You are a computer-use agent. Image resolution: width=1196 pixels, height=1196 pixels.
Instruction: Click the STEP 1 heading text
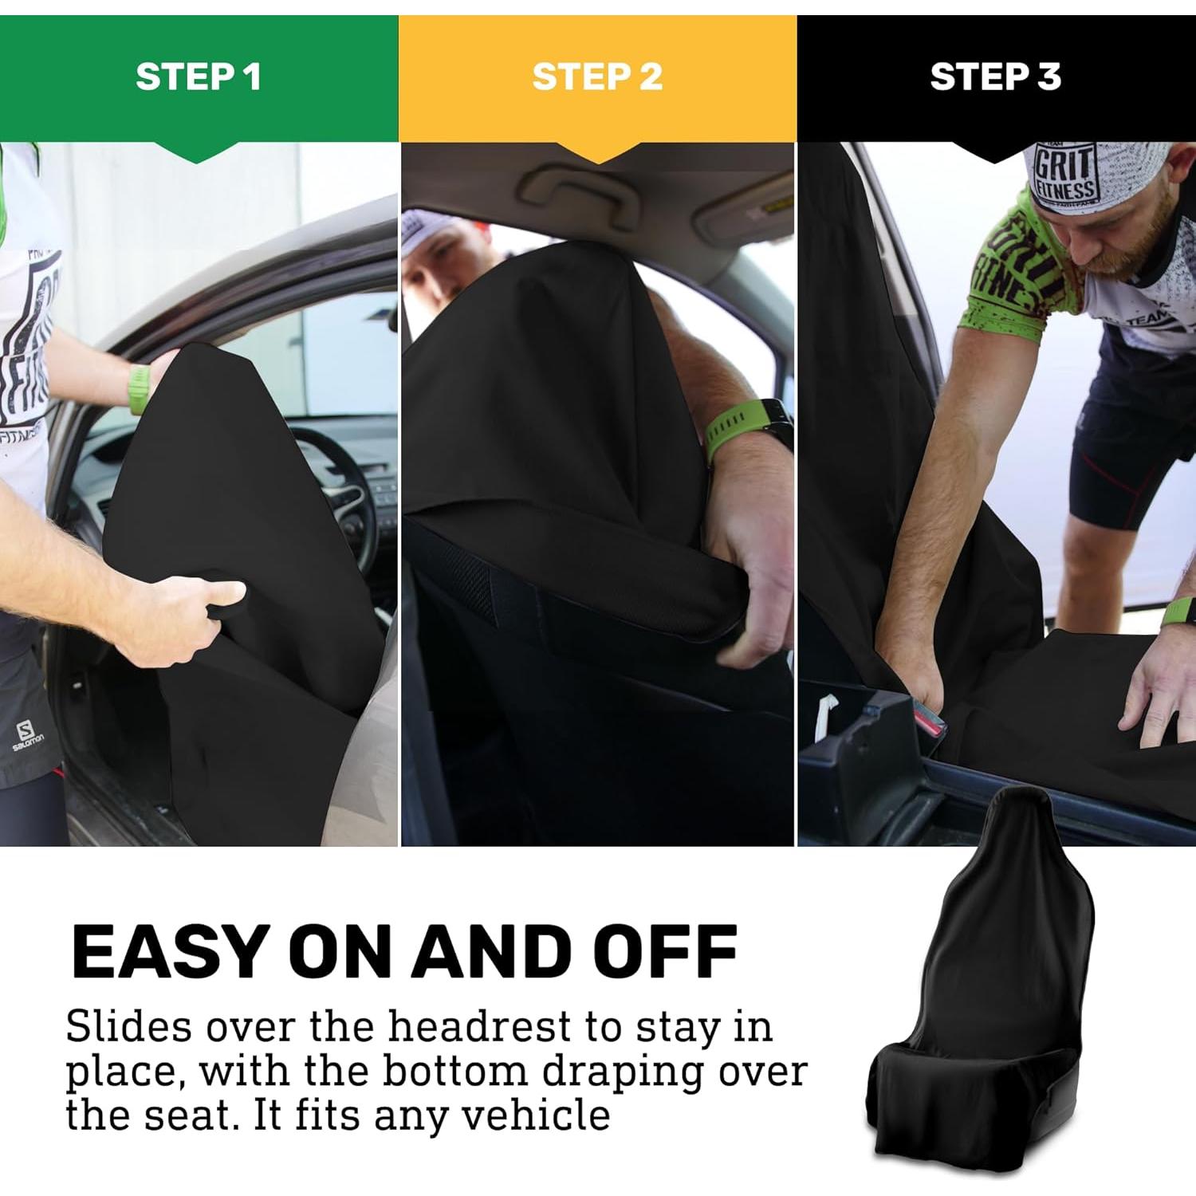point(199,77)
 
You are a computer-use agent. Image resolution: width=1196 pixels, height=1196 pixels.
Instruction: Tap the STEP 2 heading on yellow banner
point(597,77)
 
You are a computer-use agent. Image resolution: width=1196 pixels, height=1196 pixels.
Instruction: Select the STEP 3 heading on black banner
point(995,77)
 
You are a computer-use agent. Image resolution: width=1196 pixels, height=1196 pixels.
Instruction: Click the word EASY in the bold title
point(168,952)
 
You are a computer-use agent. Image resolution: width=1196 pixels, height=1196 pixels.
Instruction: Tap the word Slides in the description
point(128,1027)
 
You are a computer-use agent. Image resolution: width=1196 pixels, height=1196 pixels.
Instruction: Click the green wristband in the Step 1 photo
point(140,389)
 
